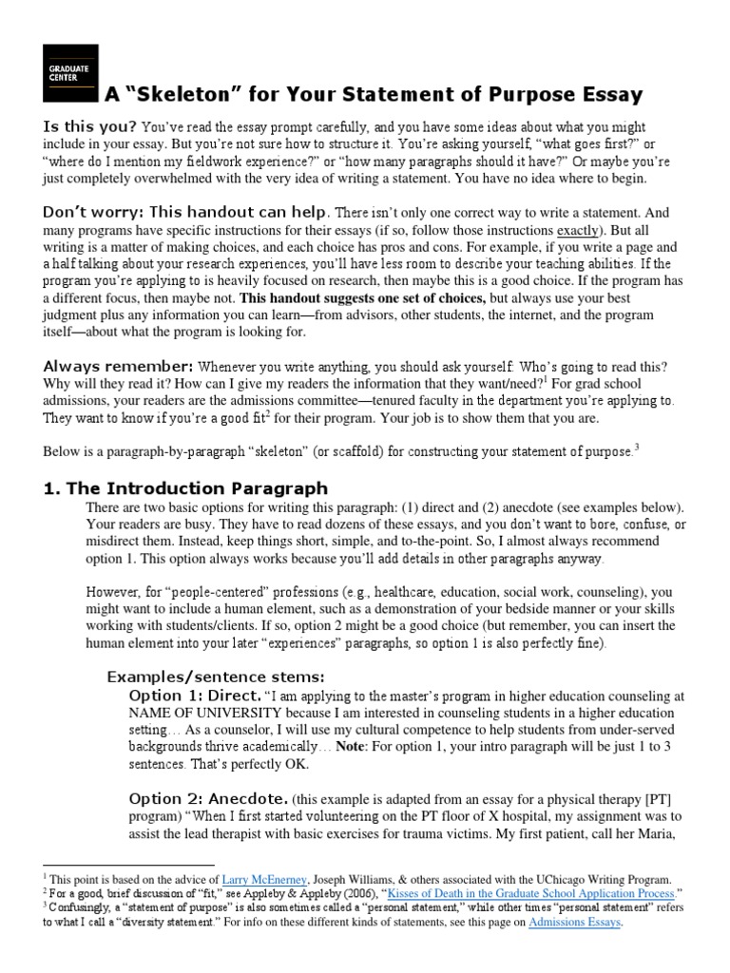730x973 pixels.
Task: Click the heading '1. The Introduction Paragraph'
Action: coord(185,488)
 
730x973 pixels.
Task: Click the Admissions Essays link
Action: coord(575,922)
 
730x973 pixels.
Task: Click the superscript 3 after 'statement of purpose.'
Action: coord(636,446)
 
